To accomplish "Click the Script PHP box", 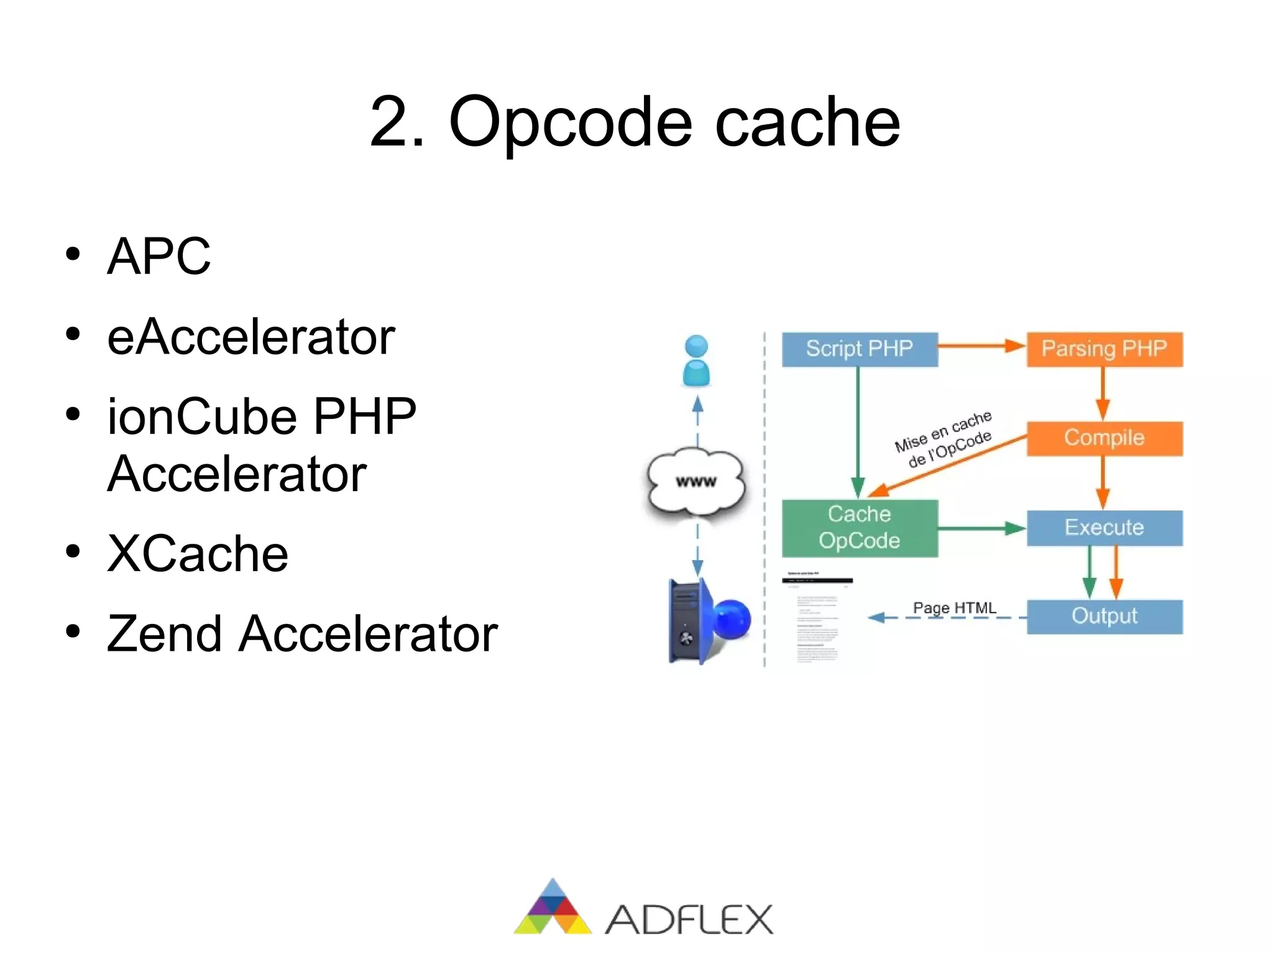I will [x=859, y=349].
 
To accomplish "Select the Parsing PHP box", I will [x=1104, y=349].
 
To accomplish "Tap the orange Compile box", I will [x=1104, y=438].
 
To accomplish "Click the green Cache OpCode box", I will [x=859, y=528].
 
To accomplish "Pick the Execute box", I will [x=1104, y=528].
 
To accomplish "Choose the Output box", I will [x=1104, y=616].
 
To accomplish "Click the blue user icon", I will [x=696, y=361].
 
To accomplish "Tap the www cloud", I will [x=696, y=482].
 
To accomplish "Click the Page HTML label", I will [x=954, y=608].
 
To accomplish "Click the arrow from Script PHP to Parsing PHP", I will [x=981, y=346].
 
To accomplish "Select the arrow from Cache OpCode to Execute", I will [x=981, y=528].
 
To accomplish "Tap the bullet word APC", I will [x=159, y=256].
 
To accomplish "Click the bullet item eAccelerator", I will [x=251, y=337].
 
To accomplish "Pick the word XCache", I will [x=198, y=553].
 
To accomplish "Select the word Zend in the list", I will [x=164, y=634].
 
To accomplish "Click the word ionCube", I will [x=202, y=416].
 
